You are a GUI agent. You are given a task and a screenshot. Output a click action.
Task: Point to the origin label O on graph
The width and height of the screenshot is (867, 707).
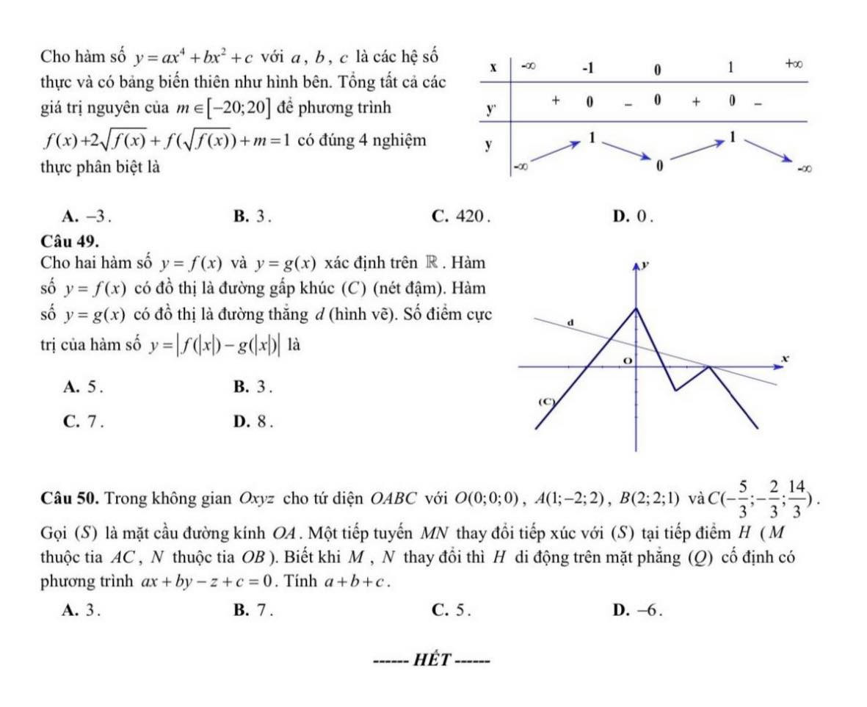pos(627,358)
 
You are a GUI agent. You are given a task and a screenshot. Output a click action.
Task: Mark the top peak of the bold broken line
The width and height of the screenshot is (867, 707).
pos(636,308)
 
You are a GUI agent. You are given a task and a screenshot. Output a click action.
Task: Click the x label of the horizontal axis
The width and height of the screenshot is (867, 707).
pos(784,358)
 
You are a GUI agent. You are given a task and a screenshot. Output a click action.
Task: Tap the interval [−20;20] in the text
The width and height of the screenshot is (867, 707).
pos(244,110)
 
